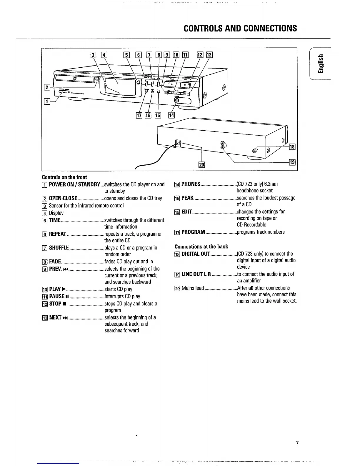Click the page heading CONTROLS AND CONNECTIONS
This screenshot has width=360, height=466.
point(240,28)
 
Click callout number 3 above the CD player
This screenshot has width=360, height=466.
point(93,55)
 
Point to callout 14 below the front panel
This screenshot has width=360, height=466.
point(171,115)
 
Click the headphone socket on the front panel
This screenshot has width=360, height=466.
point(176,101)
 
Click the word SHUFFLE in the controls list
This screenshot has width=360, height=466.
point(59,248)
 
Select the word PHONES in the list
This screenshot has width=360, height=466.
point(191,184)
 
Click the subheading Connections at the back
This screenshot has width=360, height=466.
point(201,247)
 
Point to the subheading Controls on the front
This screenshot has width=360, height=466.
point(64,177)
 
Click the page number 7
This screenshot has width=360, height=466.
point(297,443)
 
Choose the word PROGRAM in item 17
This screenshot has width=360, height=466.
point(193,232)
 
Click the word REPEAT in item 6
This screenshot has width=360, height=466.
point(58,234)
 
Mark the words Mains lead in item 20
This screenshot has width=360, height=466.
point(193,288)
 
